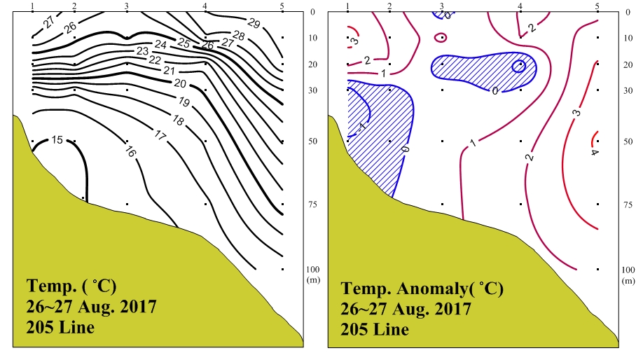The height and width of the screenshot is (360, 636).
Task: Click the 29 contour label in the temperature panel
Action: (254, 24)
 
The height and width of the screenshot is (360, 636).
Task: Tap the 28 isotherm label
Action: (238, 35)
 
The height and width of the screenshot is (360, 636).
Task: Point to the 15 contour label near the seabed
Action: (58, 140)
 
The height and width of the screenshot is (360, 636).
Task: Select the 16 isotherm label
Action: (130, 151)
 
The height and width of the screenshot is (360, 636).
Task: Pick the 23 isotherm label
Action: (142, 51)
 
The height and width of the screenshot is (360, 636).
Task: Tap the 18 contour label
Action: (178, 121)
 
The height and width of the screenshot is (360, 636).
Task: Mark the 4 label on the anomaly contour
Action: (594, 153)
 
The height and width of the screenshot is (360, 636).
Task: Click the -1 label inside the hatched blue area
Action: (361, 127)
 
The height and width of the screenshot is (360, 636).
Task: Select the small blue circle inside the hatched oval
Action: (519, 67)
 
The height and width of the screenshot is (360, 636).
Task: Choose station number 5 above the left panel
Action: (282, 6)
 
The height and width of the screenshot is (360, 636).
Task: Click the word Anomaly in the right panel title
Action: (428, 289)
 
